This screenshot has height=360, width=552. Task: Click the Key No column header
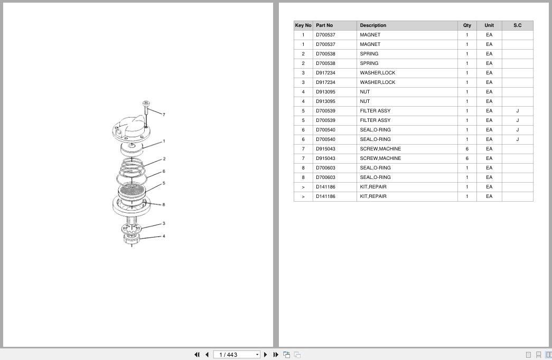coord(303,25)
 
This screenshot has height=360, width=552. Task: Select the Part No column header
coord(324,25)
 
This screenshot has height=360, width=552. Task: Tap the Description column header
coord(373,25)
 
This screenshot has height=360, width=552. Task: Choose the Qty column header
coord(467,25)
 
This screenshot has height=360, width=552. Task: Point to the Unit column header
coord(489,25)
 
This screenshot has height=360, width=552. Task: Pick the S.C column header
coord(518,25)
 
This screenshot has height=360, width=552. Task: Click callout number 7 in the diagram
coord(164,115)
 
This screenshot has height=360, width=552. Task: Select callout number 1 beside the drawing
coord(164,141)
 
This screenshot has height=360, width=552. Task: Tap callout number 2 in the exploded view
coord(164,159)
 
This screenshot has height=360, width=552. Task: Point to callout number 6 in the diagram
coord(164,172)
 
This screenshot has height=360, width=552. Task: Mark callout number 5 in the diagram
coord(164,183)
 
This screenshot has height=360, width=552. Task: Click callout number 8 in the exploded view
coord(164,204)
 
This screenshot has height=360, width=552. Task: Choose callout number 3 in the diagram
coord(164,223)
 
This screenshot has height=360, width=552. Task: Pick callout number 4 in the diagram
coord(164,236)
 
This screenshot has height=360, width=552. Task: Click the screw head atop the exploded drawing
coord(146,103)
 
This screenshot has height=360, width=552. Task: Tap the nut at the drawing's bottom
coord(132,239)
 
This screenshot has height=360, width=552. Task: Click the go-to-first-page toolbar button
coord(197,355)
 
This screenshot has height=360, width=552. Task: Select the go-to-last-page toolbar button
coord(276,355)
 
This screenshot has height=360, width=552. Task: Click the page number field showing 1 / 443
coord(237,355)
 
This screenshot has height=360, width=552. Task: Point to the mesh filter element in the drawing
coord(132,191)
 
